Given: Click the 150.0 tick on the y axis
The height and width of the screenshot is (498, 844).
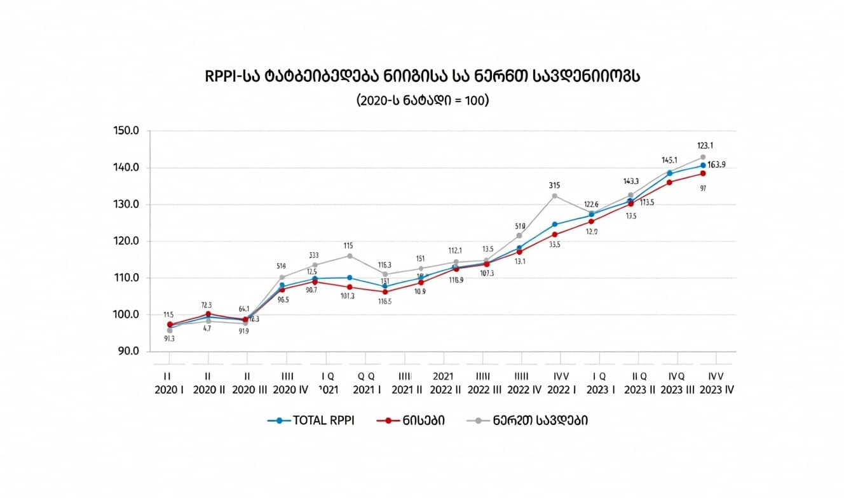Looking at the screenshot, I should pos(126,131).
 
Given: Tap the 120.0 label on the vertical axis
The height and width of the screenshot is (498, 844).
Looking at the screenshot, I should pos(126,241).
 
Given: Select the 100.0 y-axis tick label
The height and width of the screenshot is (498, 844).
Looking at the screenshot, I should pos(126,315).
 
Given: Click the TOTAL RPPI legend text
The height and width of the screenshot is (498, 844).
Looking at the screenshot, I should pos(323,421).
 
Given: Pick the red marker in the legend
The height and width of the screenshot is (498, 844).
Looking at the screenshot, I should pos(388,421).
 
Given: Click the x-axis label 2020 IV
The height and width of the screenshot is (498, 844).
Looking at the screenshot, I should pos(290,390).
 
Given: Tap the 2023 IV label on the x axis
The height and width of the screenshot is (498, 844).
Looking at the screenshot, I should pos(717,390).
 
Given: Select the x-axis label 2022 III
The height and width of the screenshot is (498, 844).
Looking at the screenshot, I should pos(484,390).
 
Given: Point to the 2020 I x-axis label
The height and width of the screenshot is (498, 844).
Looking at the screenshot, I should pos(169,390).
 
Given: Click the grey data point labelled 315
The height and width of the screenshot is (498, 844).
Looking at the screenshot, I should pos(554,196).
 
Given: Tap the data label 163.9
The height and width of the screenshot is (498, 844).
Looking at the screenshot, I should pos(716,165).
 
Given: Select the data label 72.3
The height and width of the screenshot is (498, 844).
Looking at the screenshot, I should pos(207,305).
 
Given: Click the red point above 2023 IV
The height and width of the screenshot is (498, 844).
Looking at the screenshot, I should pos(703,173).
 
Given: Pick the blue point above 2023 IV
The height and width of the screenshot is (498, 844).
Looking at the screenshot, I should pos(703,165).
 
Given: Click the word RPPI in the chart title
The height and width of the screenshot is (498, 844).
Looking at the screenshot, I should pos(220,77).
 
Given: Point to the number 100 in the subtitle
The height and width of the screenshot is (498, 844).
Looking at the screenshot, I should pos(478,100).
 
